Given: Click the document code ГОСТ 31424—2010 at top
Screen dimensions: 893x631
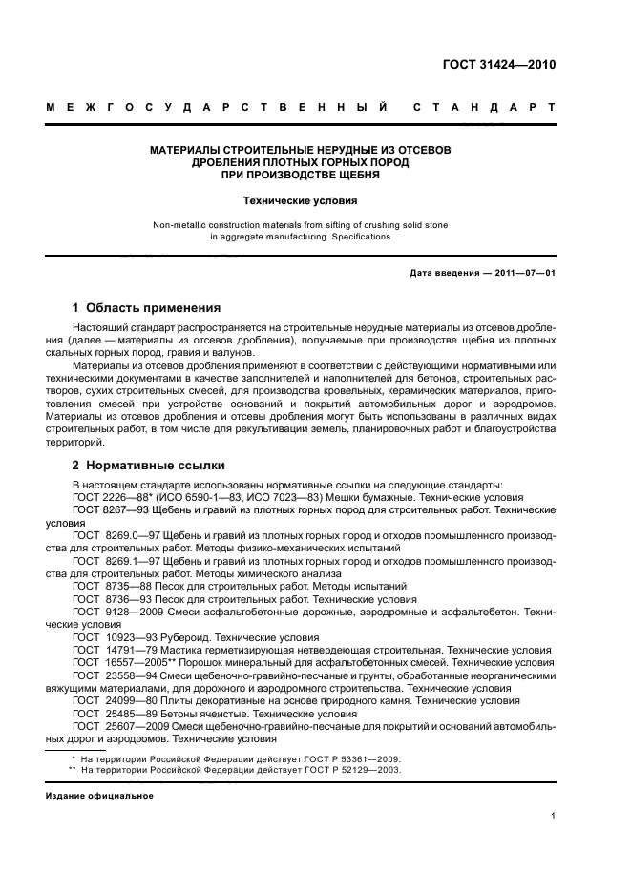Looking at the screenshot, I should click(x=498, y=65).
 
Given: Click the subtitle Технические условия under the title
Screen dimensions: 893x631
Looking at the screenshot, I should click(x=300, y=201).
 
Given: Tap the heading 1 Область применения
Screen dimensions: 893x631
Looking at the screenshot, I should click(x=147, y=308).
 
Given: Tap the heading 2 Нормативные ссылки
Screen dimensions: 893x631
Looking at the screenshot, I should click(x=149, y=466).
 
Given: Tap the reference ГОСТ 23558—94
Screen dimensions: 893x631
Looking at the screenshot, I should click(x=111, y=675).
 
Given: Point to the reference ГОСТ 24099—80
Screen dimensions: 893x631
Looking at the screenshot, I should click(x=111, y=700).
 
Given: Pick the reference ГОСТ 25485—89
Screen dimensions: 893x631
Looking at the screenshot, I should click(x=111, y=714).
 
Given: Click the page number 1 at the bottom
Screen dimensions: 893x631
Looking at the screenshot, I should click(x=553, y=816).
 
